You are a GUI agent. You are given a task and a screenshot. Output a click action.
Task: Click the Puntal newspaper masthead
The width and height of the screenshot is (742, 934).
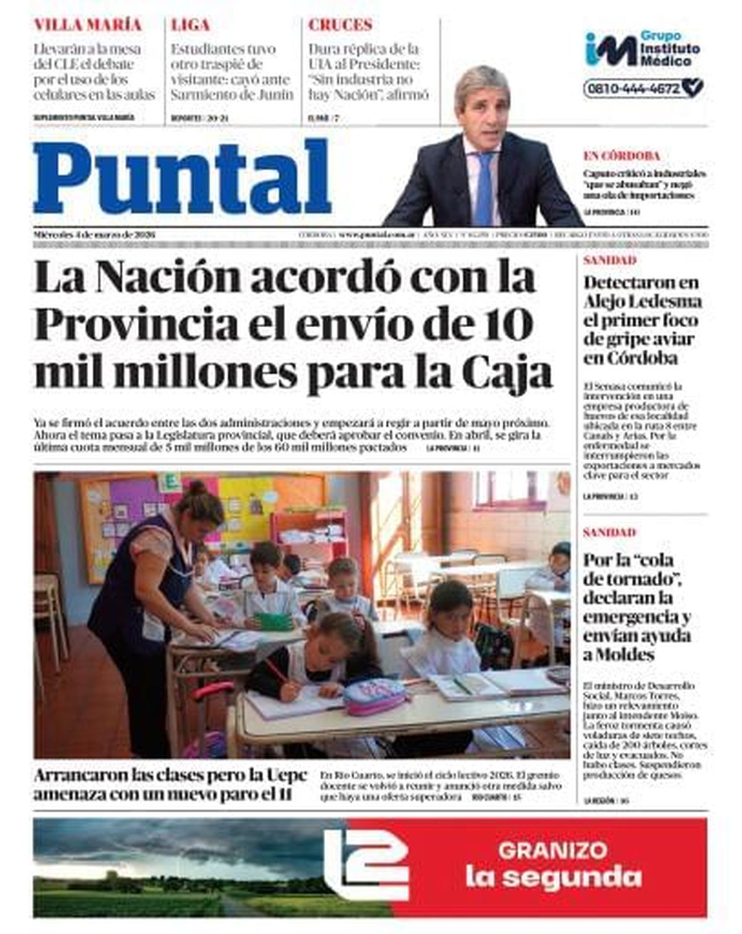pyautogui.click(x=182, y=178)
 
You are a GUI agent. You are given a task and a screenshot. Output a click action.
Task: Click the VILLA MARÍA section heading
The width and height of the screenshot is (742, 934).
pyautogui.click(x=88, y=25)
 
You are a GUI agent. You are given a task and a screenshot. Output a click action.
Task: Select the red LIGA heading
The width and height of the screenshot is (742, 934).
pyautogui.click(x=190, y=25)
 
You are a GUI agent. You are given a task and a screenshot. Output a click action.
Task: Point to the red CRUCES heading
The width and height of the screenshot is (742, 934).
pyautogui.click(x=340, y=25)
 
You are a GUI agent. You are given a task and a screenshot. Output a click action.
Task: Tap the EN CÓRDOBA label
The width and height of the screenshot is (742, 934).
pyautogui.click(x=621, y=156)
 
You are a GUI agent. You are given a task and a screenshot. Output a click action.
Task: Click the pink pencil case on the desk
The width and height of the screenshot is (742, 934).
pyautogui.click(x=375, y=696)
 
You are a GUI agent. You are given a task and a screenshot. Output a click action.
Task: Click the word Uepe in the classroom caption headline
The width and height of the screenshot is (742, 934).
pyautogui.click(x=287, y=776)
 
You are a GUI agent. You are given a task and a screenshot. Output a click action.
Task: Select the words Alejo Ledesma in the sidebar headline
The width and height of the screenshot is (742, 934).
pyautogui.click(x=642, y=302)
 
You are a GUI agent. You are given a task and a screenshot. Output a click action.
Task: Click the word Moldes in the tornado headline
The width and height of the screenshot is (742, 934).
pyautogui.click(x=625, y=655)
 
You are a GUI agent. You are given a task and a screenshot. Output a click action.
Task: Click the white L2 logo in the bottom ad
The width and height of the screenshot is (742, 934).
pyautogui.click(x=366, y=864)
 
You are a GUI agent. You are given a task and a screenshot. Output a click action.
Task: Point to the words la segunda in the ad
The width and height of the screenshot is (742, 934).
pyautogui.click(x=553, y=877)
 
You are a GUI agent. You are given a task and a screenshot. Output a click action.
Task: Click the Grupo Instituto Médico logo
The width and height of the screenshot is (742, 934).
pyautogui.click(x=642, y=50)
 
